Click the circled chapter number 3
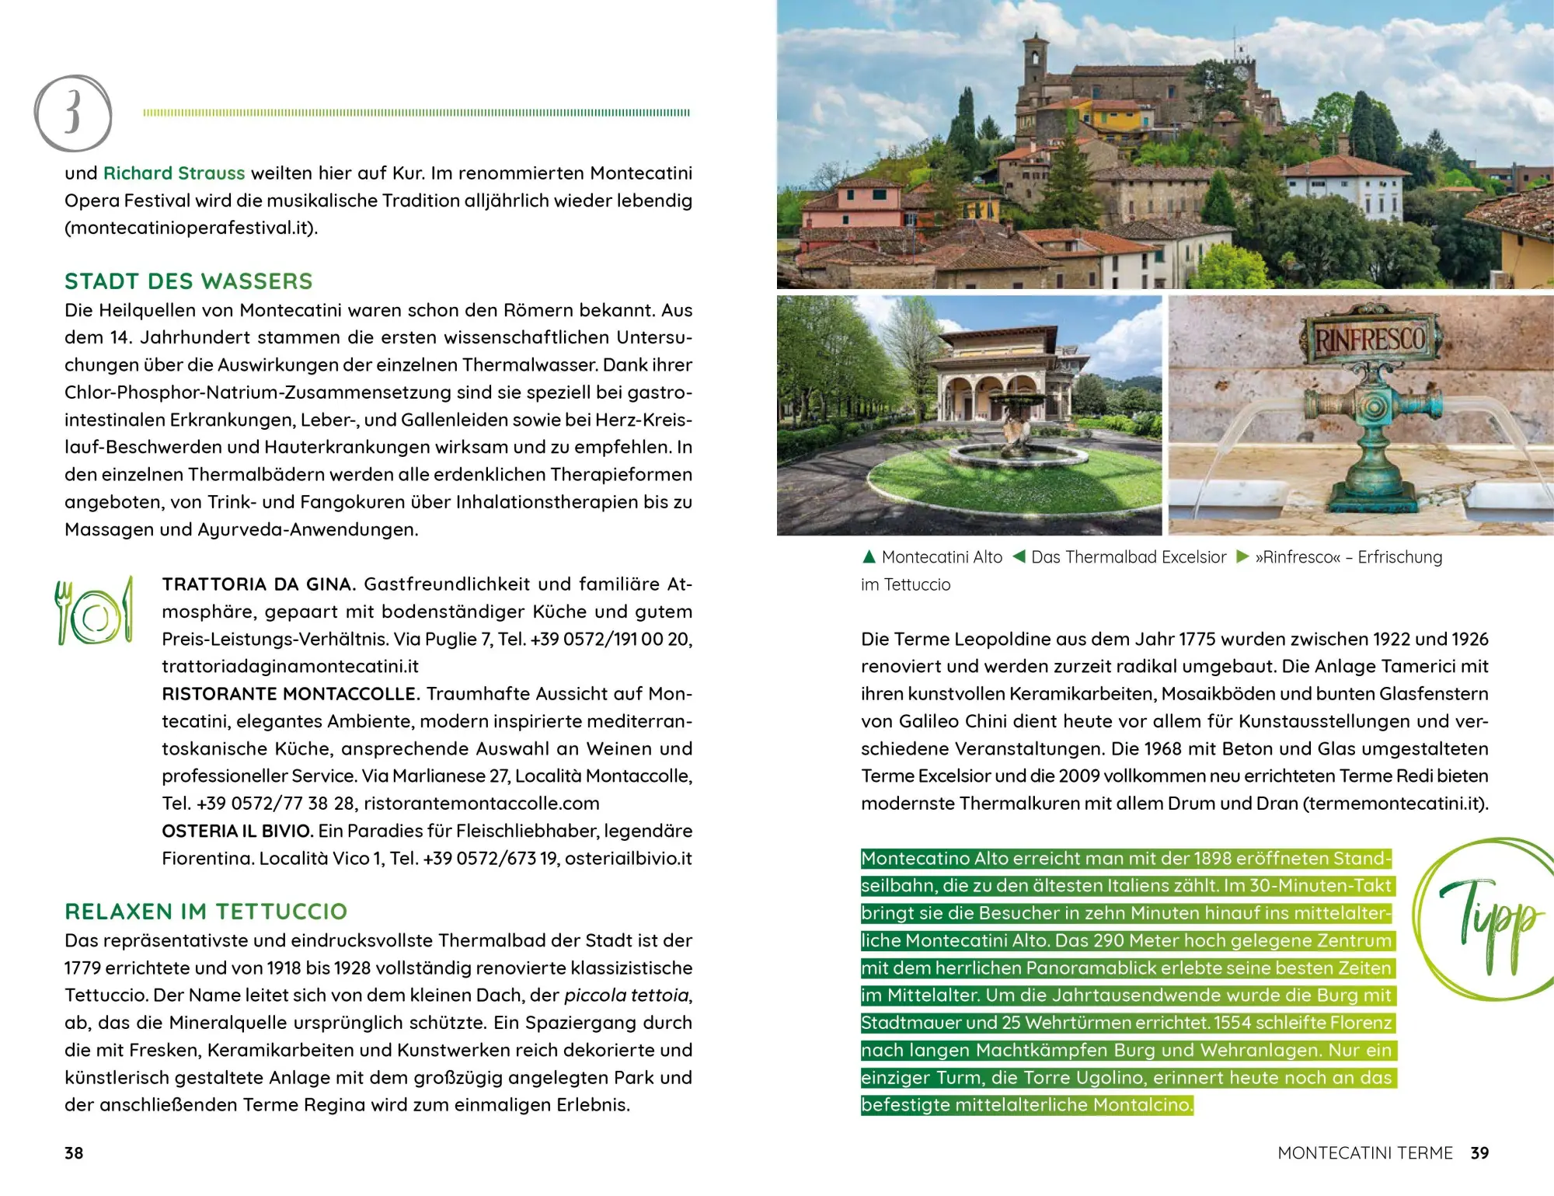[x=73, y=113]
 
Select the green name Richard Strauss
[x=174, y=173]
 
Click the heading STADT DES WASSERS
[x=189, y=281]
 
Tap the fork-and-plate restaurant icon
[x=94, y=612]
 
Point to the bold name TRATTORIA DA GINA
[x=259, y=584]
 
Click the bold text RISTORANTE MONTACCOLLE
[x=291, y=694]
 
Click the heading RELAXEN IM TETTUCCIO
[x=206, y=912]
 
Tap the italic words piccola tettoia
[x=626, y=996]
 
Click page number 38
[x=74, y=1153]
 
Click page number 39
[x=1479, y=1153]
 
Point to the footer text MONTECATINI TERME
[x=1365, y=1153]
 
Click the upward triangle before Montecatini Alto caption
[x=869, y=557]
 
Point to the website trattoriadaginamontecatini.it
[x=291, y=667]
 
